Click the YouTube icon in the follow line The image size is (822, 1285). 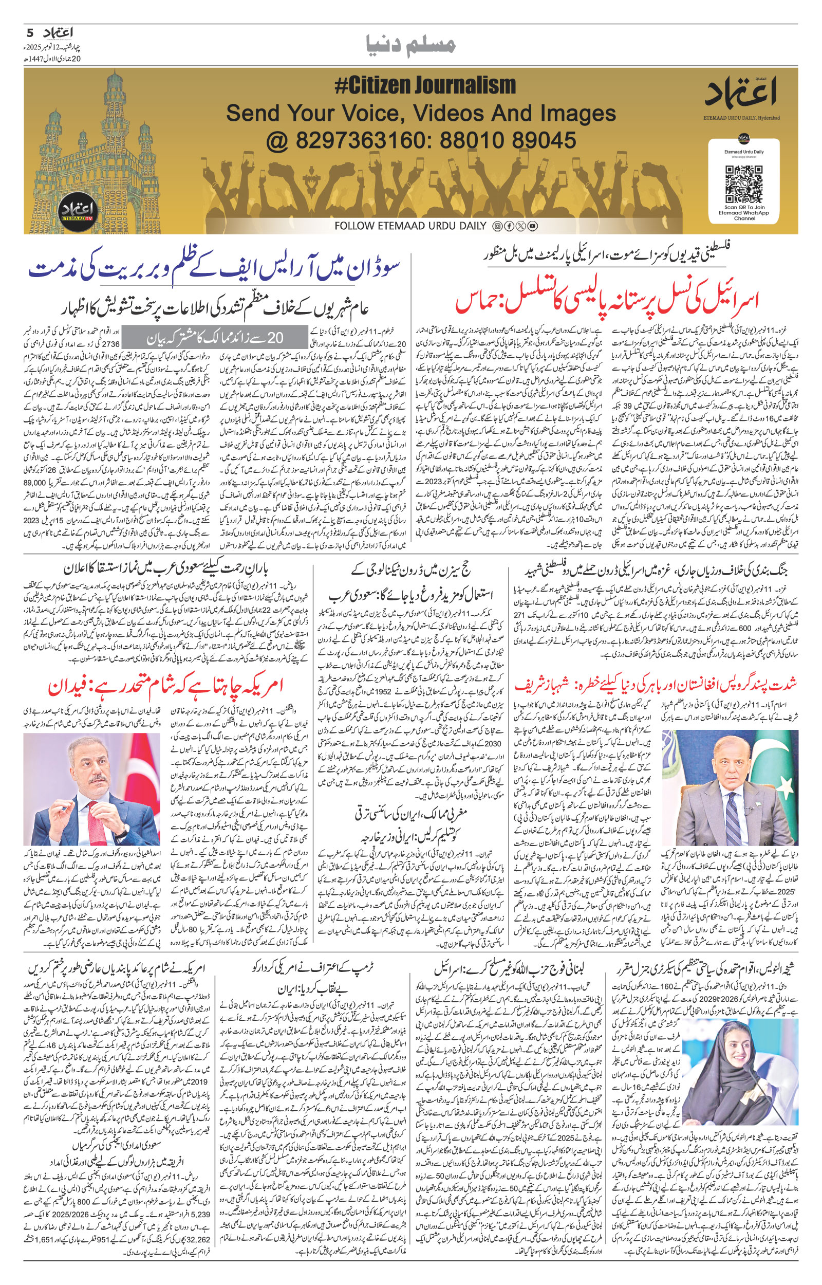[532, 226]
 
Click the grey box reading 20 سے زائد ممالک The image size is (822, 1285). [217, 337]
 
